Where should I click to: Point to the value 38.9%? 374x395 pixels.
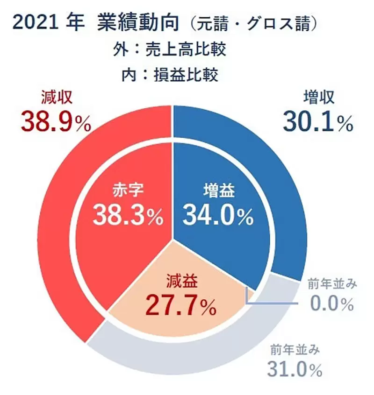(x=56, y=122)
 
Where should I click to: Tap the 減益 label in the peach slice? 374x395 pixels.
(x=182, y=282)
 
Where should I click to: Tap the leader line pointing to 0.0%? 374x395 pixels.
(x=271, y=304)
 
